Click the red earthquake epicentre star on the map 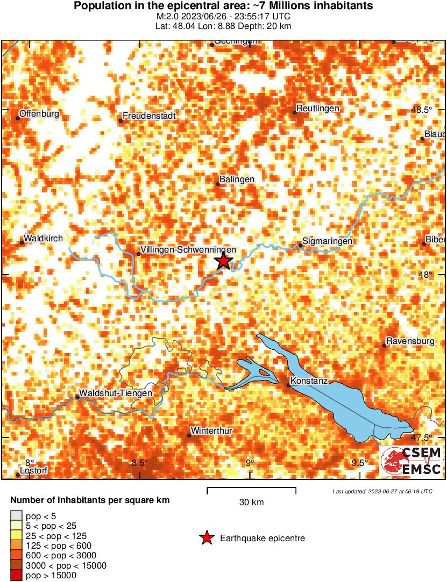223,262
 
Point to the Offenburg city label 39,114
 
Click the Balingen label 237,179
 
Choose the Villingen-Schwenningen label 188,250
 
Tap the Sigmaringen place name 328,241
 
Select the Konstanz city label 309,381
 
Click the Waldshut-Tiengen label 116,393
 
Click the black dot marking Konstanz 288,385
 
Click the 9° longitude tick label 249,463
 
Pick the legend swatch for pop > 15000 17,575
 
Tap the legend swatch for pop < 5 17,516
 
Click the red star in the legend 206,538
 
